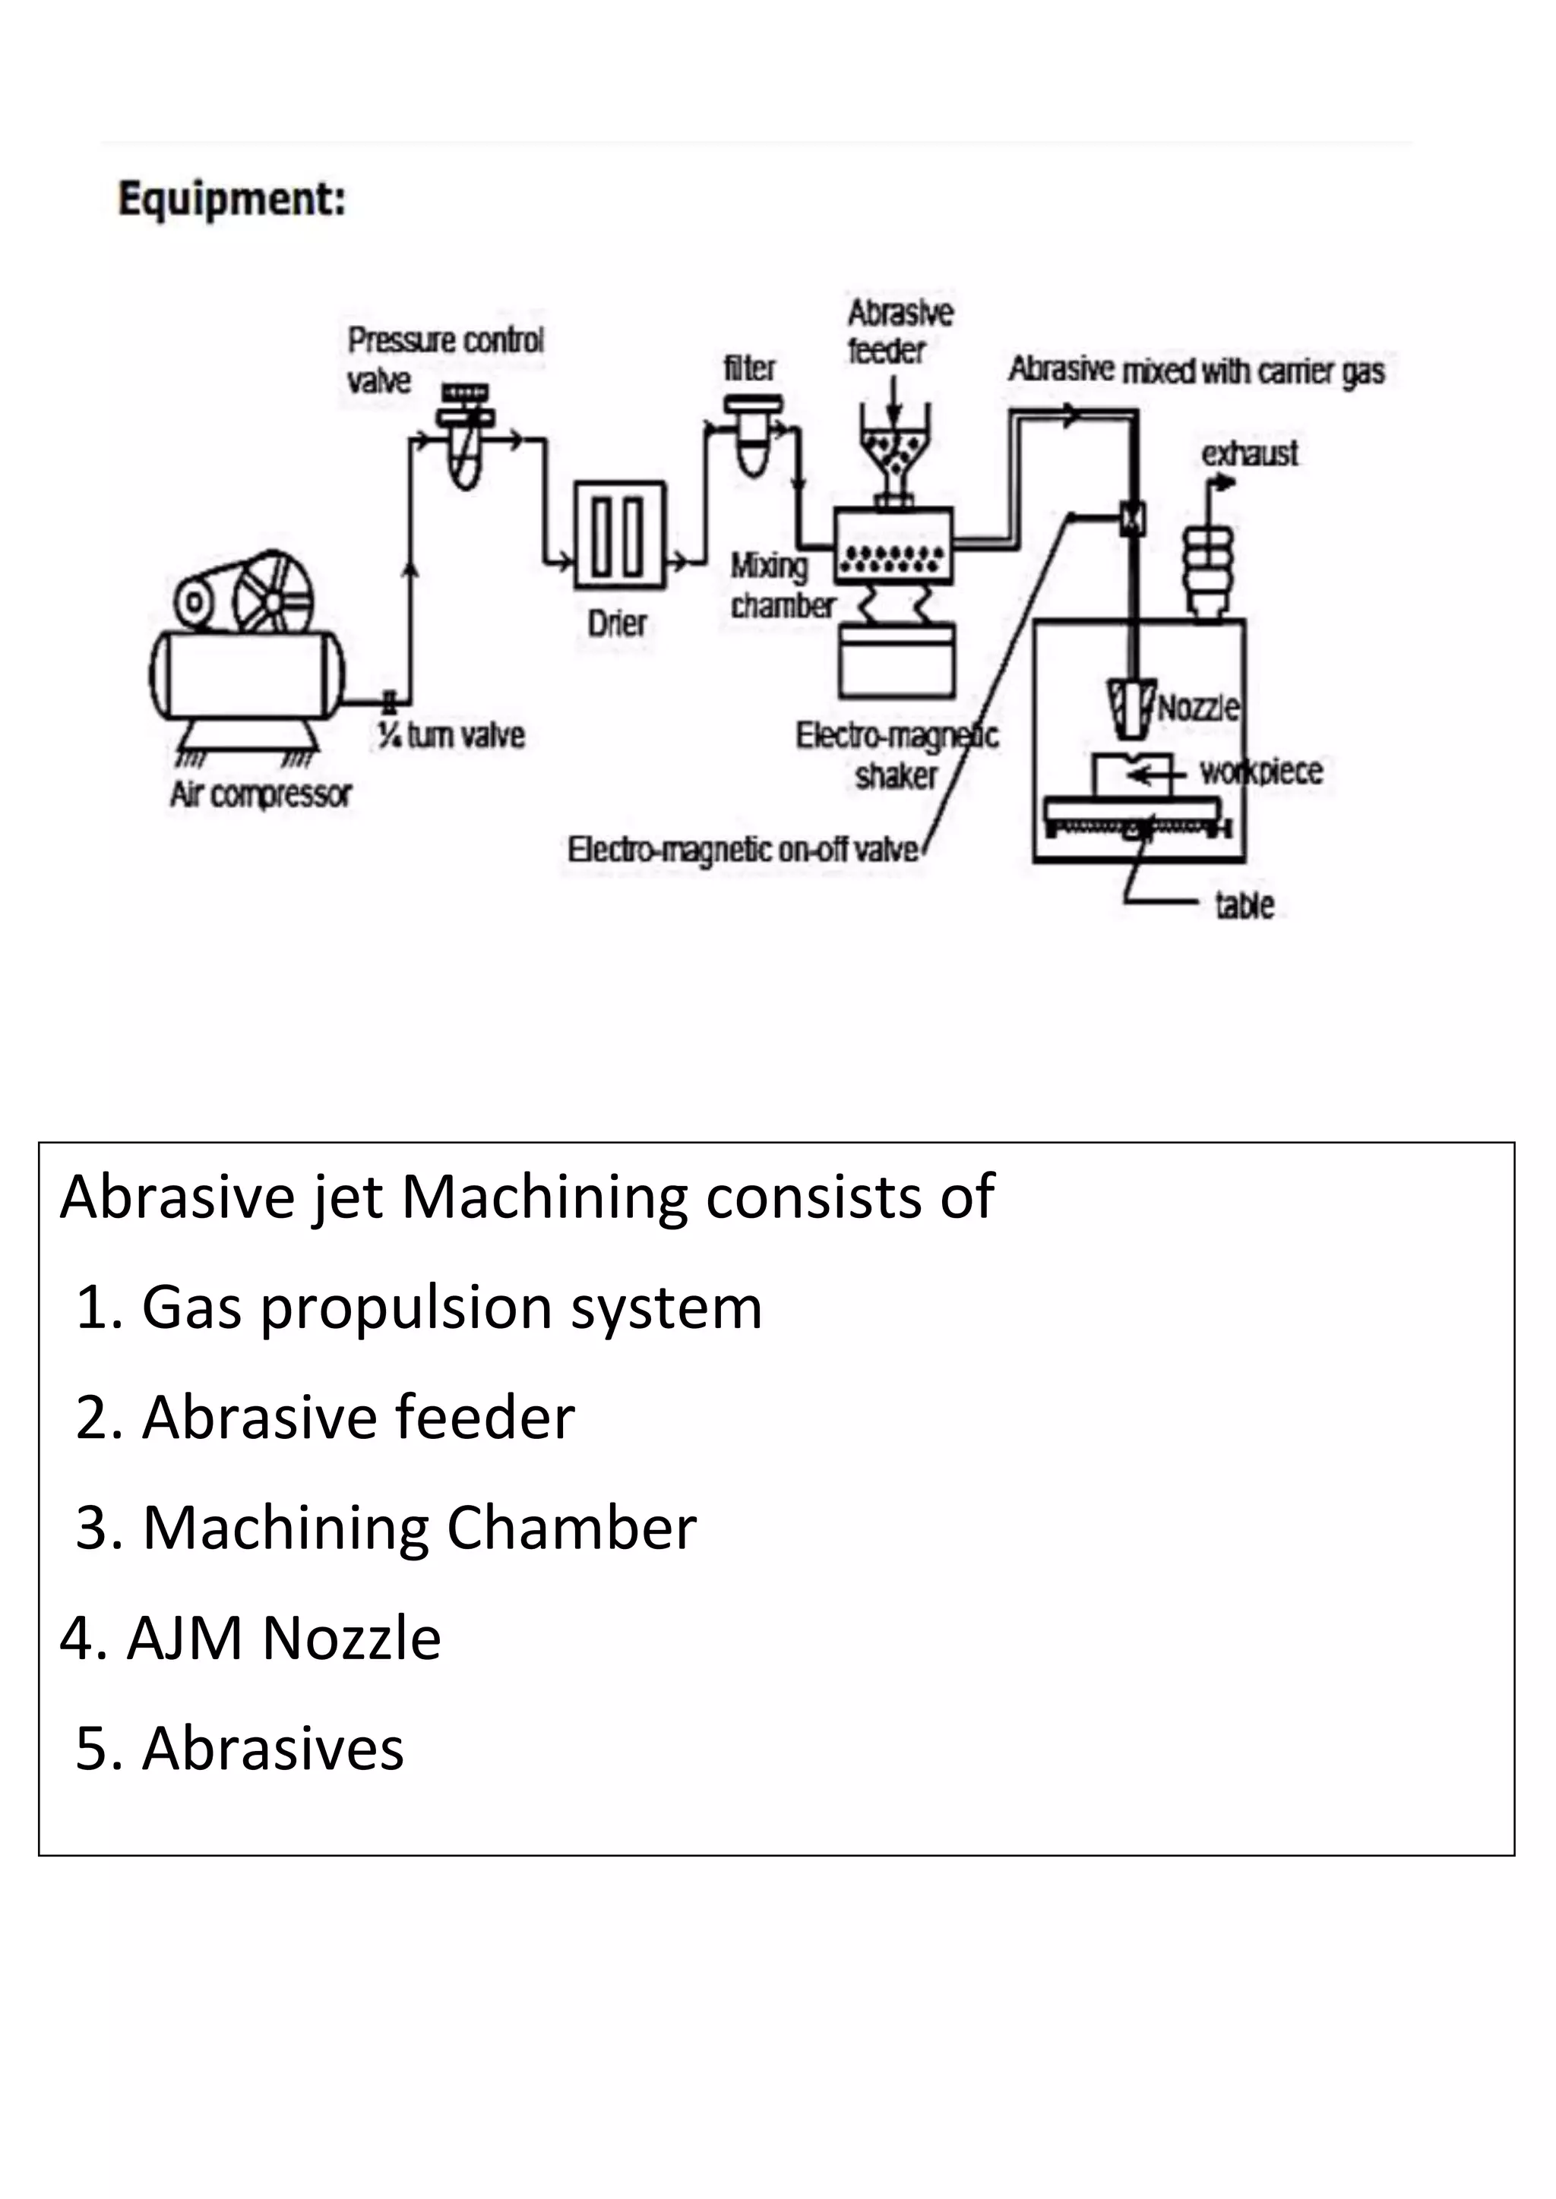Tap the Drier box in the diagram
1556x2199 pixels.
pyautogui.click(x=618, y=535)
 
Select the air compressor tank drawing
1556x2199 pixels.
pyautogui.click(x=247, y=674)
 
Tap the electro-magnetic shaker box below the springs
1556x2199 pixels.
pyautogui.click(x=897, y=661)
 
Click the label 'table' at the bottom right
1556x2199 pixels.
pyautogui.click(x=1244, y=905)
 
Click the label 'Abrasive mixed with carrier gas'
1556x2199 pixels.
pyautogui.click(x=1197, y=370)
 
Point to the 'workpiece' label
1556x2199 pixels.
pyautogui.click(x=1261, y=771)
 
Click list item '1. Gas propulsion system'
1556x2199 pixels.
pyautogui.click(x=418, y=1308)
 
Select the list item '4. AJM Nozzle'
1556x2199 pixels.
pyautogui.click(x=250, y=1639)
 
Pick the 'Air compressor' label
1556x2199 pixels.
pyautogui.click(x=261, y=794)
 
